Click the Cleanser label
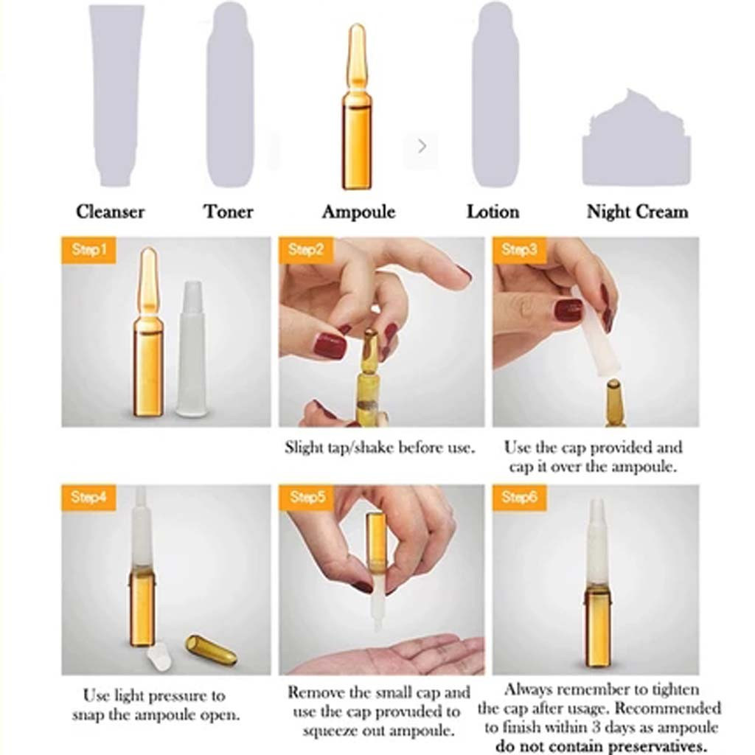tap(111, 212)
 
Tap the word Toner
tap(229, 212)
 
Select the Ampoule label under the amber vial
tap(359, 212)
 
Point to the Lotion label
tap(493, 212)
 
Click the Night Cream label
tap(638, 212)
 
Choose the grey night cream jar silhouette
tap(636, 139)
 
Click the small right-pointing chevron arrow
tap(422, 145)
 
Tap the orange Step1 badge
tap(88, 250)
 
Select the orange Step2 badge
tap(306, 250)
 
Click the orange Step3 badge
tap(519, 250)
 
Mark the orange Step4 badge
tap(88, 498)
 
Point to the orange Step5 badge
tap(306, 498)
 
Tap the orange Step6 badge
tap(519, 498)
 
